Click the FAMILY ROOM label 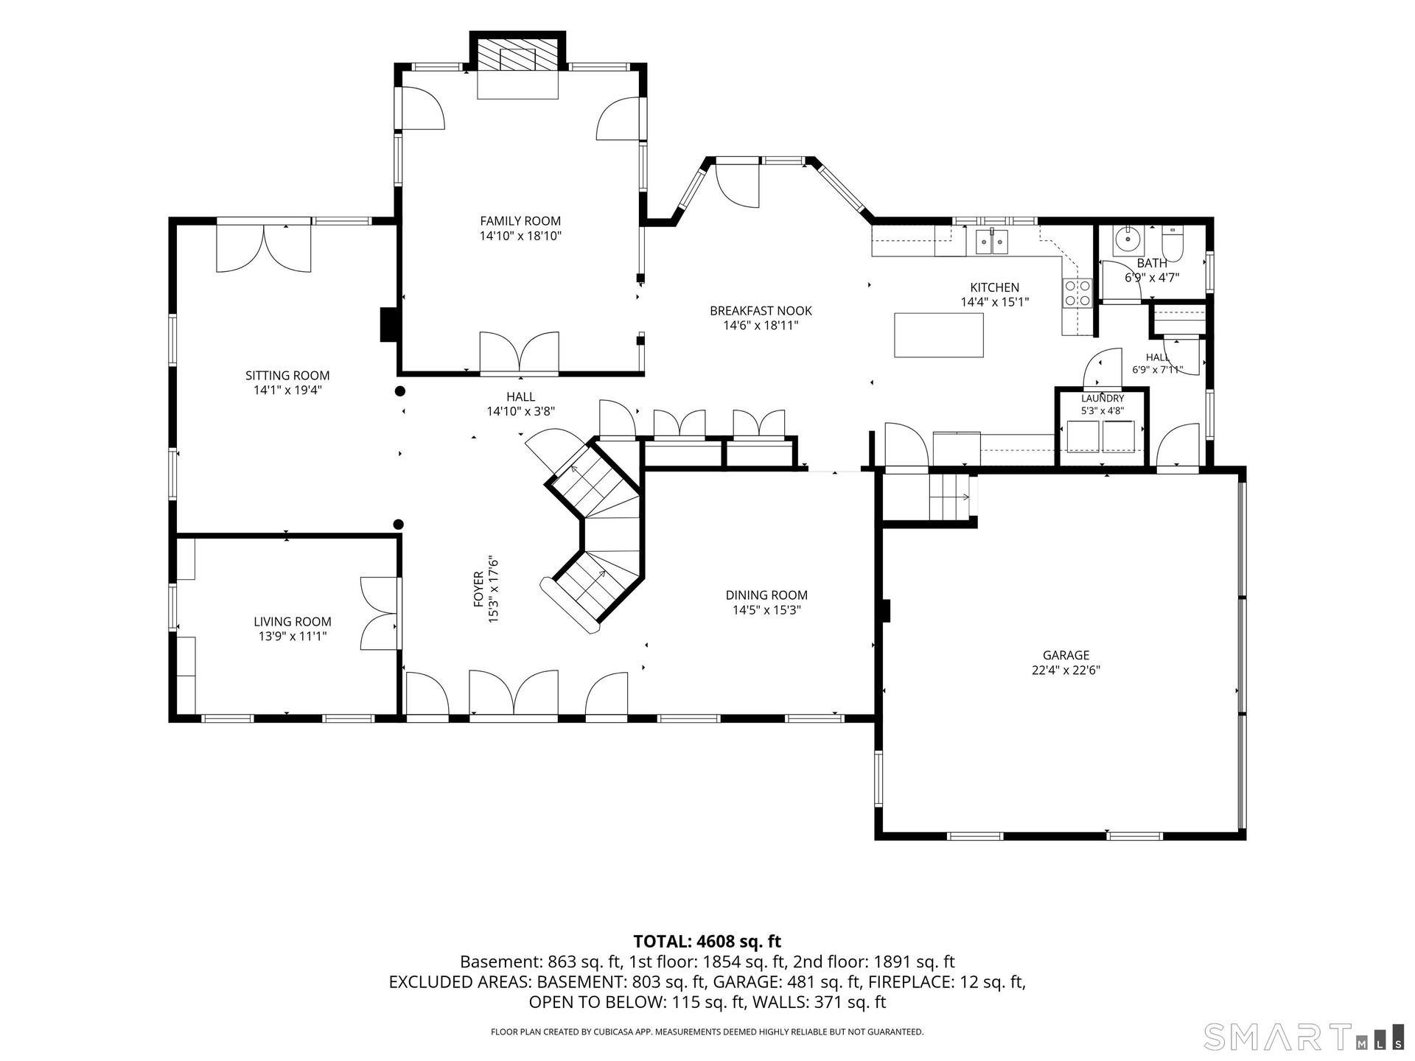(x=520, y=221)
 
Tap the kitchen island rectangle (x=939, y=335)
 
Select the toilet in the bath (x=1172, y=245)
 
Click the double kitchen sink (x=992, y=241)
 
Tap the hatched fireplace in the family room (x=518, y=55)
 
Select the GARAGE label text (x=1066, y=655)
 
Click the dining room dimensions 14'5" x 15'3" (x=766, y=610)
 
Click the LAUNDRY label (x=1103, y=399)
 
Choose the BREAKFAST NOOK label (x=761, y=311)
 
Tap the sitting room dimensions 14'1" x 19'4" (x=287, y=391)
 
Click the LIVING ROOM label (x=293, y=622)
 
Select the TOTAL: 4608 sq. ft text (x=707, y=941)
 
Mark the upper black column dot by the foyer (x=400, y=391)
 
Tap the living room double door (x=380, y=613)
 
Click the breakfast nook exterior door (x=737, y=184)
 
